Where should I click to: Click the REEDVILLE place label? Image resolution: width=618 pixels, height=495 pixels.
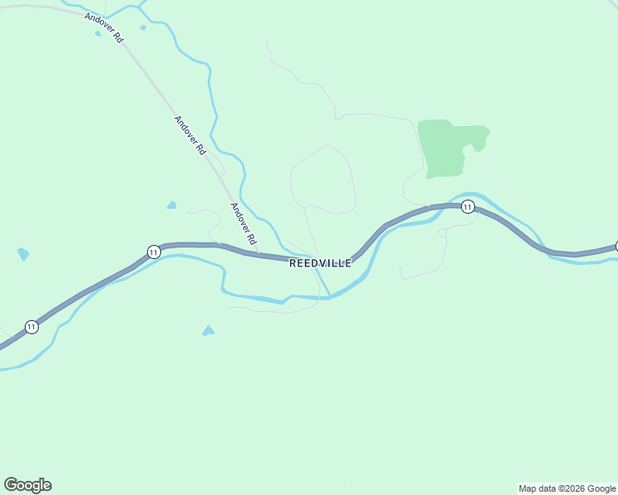[321, 263]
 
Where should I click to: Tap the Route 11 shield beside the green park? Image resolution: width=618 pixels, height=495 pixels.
[468, 206]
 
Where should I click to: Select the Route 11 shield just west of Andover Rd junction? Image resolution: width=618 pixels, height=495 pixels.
[154, 252]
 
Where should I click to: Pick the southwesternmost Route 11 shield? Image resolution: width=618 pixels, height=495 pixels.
[31, 327]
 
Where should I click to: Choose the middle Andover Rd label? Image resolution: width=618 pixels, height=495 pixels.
[189, 135]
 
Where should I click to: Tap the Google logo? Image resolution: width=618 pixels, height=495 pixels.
[28, 485]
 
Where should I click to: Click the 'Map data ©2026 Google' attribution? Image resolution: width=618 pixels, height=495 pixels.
[567, 488]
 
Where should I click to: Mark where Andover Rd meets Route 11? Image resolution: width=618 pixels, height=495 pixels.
[259, 254]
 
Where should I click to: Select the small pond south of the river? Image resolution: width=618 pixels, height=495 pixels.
[207, 331]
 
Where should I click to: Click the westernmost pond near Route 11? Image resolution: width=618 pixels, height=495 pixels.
[23, 254]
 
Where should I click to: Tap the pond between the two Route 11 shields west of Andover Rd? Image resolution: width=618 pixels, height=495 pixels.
[171, 205]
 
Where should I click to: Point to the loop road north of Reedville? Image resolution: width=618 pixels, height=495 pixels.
[323, 180]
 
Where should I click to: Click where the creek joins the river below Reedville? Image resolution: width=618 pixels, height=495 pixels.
[330, 296]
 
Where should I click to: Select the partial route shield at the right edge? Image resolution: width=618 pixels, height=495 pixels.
[616, 246]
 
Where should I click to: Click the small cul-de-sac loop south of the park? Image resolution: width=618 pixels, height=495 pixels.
[443, 233]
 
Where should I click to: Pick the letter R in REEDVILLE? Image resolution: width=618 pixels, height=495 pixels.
[293, 263]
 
